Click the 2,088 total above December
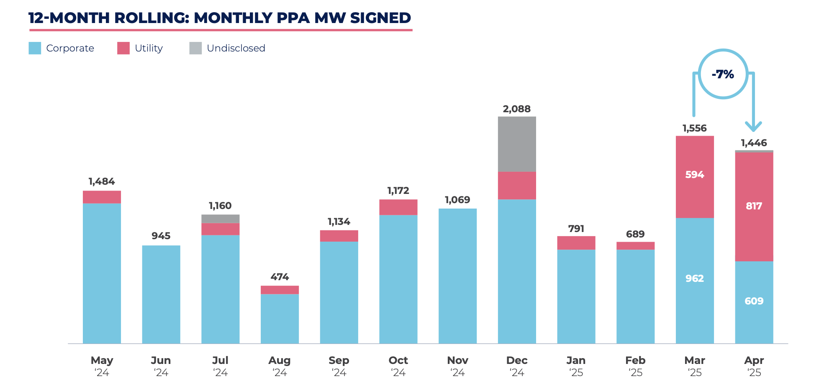click(x=516, y=109)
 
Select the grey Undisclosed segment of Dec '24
click(x=516, y=144)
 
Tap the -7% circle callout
click(x=723, y=74)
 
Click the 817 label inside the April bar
click(x=754, y=206)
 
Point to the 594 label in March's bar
click(x=694, y=175)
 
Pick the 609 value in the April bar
click(x=754, y=301)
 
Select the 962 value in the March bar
click(x=694, y=279)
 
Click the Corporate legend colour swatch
click(x=35, y=48)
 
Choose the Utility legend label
click(x=149, y=49)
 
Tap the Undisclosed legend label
click(x=236, y=49)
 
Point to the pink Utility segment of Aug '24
click(x=280, y=290)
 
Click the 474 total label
click(x=280, y=277)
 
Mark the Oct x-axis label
click(x=398, y=361)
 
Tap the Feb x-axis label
click(x=635, y=361)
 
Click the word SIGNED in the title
click(x=380, y=18)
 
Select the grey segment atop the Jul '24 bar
click(x=220, y=219)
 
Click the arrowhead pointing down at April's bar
click(x=753, y=126)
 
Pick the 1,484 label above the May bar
click(x=101, y=182)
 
